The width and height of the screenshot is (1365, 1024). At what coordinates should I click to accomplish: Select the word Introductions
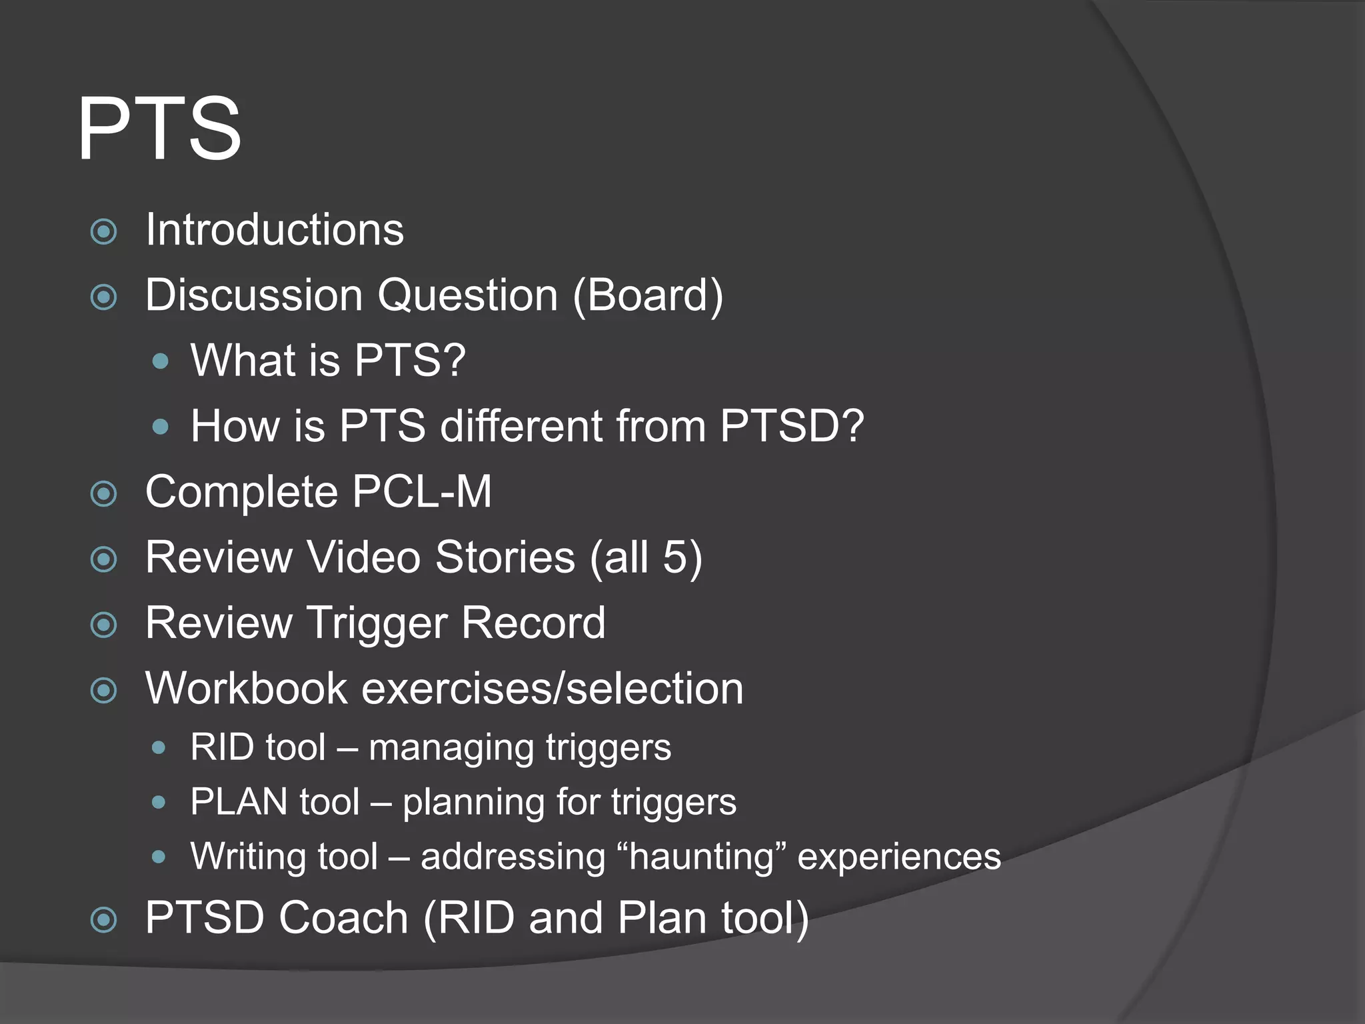click(274, 230)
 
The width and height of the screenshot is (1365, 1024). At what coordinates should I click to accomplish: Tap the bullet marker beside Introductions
click(103, 232)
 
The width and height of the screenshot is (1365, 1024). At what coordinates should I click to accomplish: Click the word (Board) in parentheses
click(647, 295)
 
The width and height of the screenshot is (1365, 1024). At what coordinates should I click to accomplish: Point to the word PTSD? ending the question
click(792, 425)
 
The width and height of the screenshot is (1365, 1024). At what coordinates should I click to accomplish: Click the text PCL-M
click(421, 492)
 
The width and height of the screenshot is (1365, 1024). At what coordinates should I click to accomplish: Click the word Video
click(363, 557)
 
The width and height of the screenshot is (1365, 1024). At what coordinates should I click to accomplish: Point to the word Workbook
click(246, 688)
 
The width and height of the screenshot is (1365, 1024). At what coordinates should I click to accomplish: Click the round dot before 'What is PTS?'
click(160, 361)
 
